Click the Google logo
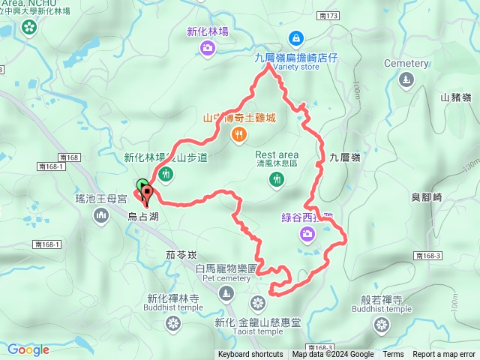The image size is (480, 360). pyautogui.click(x=28, y=349)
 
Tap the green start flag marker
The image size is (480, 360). pyautogui.click(x=142, y=184)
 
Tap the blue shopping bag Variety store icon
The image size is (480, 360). pyautogui.click(x=296, y=37)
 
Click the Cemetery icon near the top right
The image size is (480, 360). pyautogui.click(x=406, y=80)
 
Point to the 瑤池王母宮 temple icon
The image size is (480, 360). pyautogui.click(x=102, y=217)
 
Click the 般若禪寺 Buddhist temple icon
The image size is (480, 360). pyautogui.click(x=381, y=325)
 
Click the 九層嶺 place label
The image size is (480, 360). pyautogui.click(x=345, y=157)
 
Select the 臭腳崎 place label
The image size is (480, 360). pyautogui.click(x=427, y=196)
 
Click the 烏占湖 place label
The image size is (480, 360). pyautogui.click(x=143, y=217)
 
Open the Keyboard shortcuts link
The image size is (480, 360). pyautogui.click(x=250, y=355)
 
